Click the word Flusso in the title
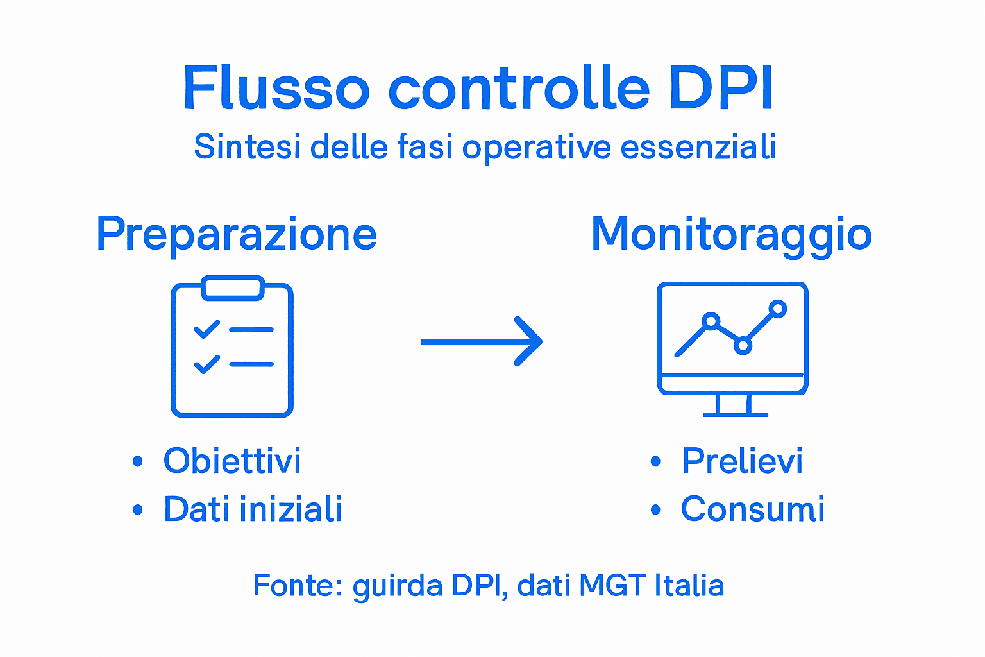[276, 88]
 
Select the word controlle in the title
[519, 88]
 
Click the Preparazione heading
[237, 235]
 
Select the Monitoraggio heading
[731, 235]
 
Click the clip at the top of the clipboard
[233, 288]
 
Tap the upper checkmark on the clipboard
[207, 330]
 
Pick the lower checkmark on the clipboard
[207, 364]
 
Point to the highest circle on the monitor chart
[778, 309]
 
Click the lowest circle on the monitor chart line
[743, 346]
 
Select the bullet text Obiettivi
[232, 461]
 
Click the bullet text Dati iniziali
[253, 509]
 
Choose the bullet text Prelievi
[742, 461]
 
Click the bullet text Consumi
[752, 509]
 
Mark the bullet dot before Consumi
[655, 510]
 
